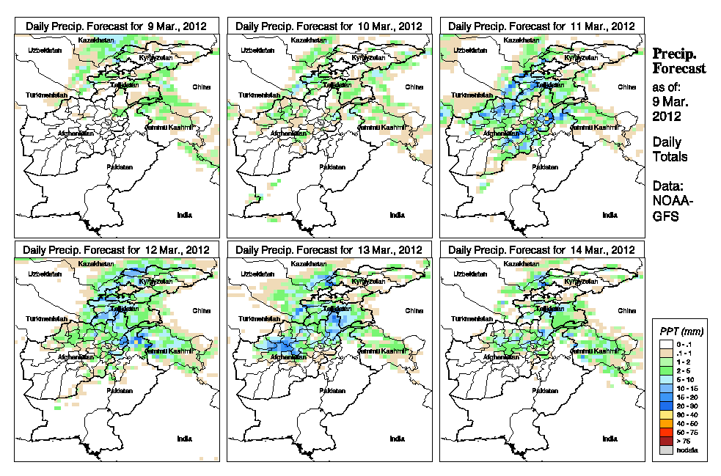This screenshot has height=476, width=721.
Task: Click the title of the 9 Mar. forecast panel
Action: tap(116, 26)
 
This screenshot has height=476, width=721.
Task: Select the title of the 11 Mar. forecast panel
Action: tap(541, 26)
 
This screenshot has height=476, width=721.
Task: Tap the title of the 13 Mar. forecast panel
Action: tap(329, 249)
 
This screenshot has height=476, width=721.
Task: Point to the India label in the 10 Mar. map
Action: tap(397, 215)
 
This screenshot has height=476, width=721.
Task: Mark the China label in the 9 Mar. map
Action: tap(201, 87)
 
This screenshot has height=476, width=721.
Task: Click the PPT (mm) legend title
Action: tap(679, 332)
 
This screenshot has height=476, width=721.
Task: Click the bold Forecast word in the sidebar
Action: tap(679, 69)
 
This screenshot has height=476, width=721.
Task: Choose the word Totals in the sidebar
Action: tap(670, 157)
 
